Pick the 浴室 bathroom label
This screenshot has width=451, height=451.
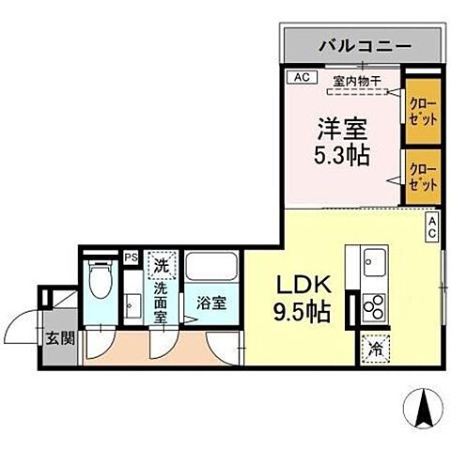coord(210,303)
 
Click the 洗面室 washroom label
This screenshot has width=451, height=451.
coord(161,303)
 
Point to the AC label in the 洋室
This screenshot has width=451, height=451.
coord(301,77)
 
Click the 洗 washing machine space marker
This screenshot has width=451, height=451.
coord(161,266)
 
